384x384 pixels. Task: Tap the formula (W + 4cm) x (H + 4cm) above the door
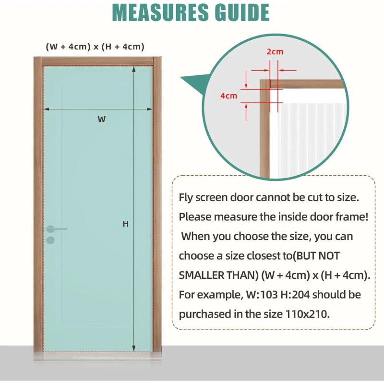pos(95,47)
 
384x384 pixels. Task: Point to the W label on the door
pos(101,120)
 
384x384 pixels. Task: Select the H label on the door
pos(125,224)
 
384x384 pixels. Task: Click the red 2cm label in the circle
pos(275,52)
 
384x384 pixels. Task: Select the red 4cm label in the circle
pos(229,96)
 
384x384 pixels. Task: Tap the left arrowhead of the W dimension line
pos(46,109)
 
